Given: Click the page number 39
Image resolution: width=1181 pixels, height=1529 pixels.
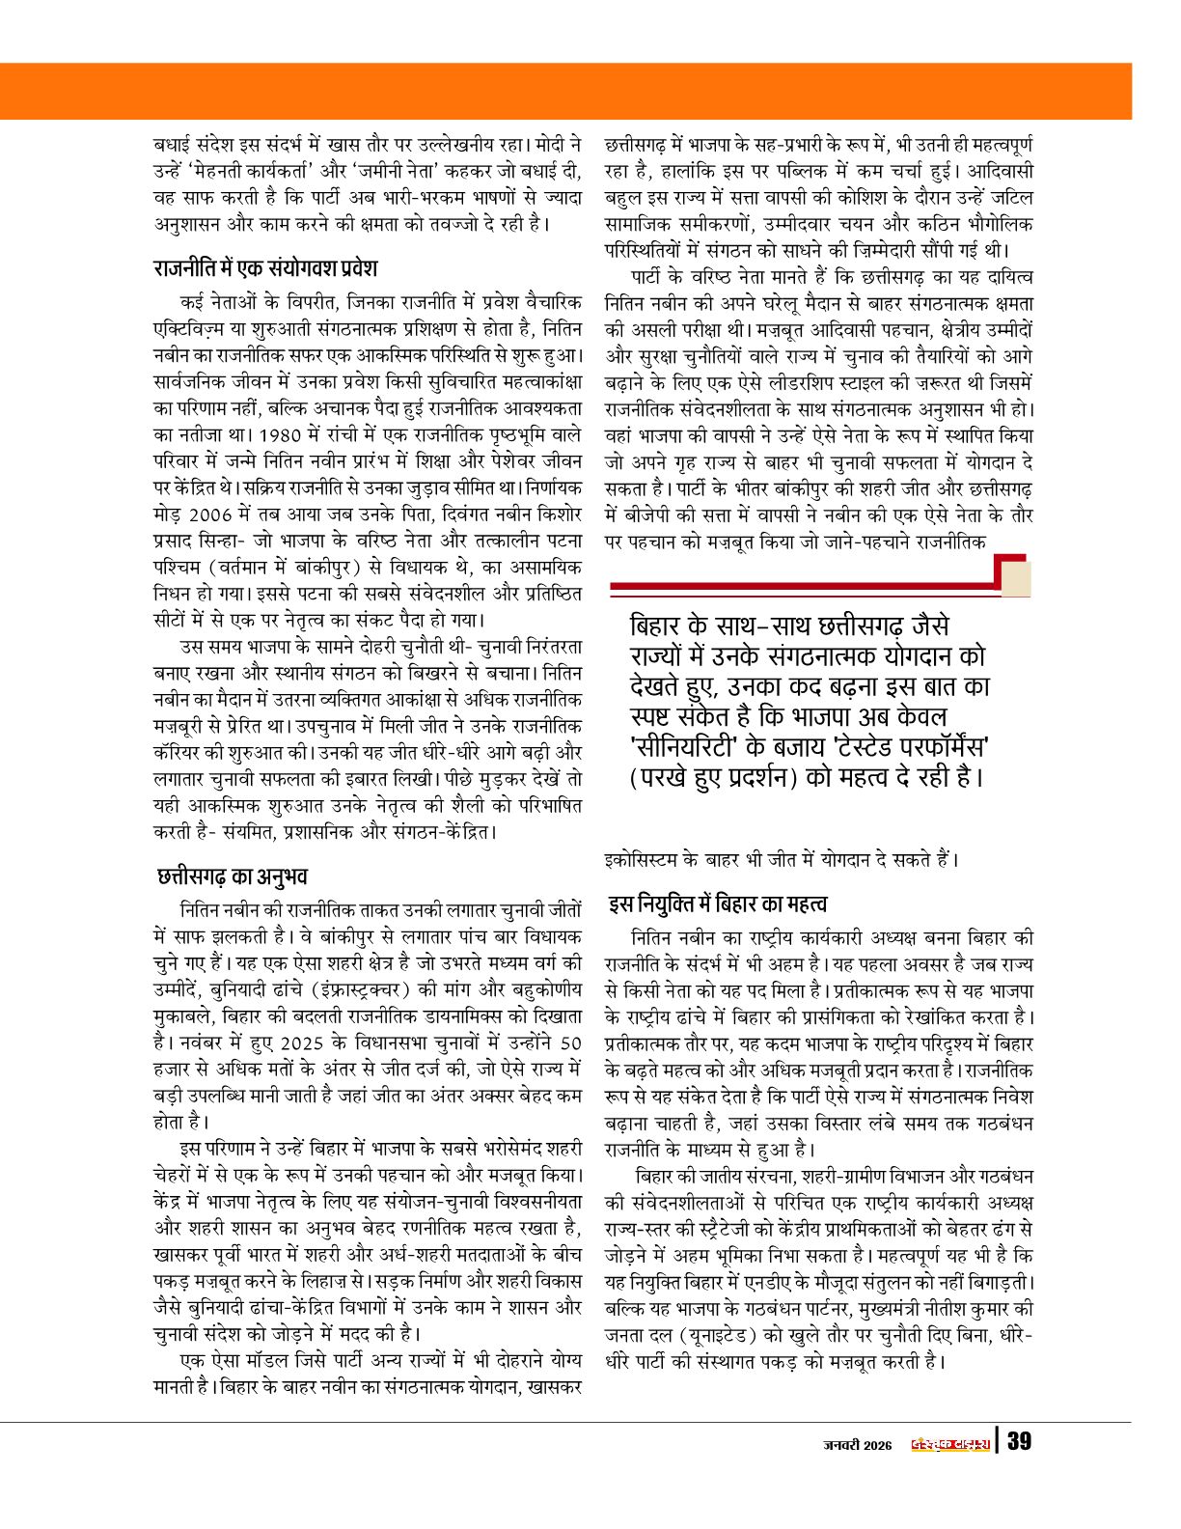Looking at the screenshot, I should tap(1020, 1442).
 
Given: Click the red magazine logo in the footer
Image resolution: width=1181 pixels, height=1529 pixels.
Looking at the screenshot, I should tap(950, 1444).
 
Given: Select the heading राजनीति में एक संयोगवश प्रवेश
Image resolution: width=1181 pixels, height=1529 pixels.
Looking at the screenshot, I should tap(265, 267).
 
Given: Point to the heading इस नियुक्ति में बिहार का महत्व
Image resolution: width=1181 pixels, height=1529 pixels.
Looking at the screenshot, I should tap(717, 904).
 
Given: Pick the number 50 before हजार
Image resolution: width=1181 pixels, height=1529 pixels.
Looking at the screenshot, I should tap(570, 1043).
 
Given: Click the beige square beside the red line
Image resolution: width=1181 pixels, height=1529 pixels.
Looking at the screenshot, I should tap(1016, 576).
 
